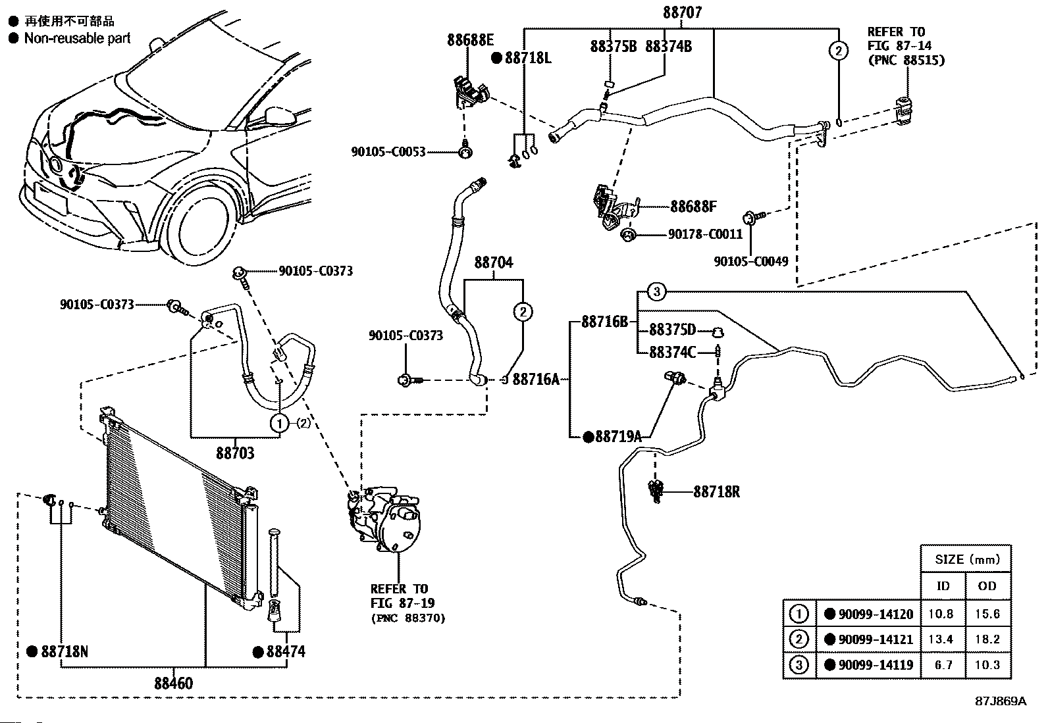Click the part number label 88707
tap(681, 12)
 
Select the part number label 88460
tap(174, 684)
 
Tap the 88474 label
tap(286, 652)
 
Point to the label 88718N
tap(64, 652)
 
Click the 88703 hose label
tap(235, 453)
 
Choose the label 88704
tap(494, 263)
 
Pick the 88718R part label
tap(716, 491)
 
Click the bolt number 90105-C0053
tap(388, 152)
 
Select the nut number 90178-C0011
tap(705, 234)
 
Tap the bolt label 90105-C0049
tap(750, 261)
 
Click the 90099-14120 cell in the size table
tap(875, 614)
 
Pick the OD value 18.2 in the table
tap(987, 639)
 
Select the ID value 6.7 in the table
tap(943, 665)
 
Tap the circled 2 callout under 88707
tap(838, 50)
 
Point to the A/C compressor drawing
tap(385, 520)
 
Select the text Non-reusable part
tap(77, 39)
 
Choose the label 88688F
tap(693, 207)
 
